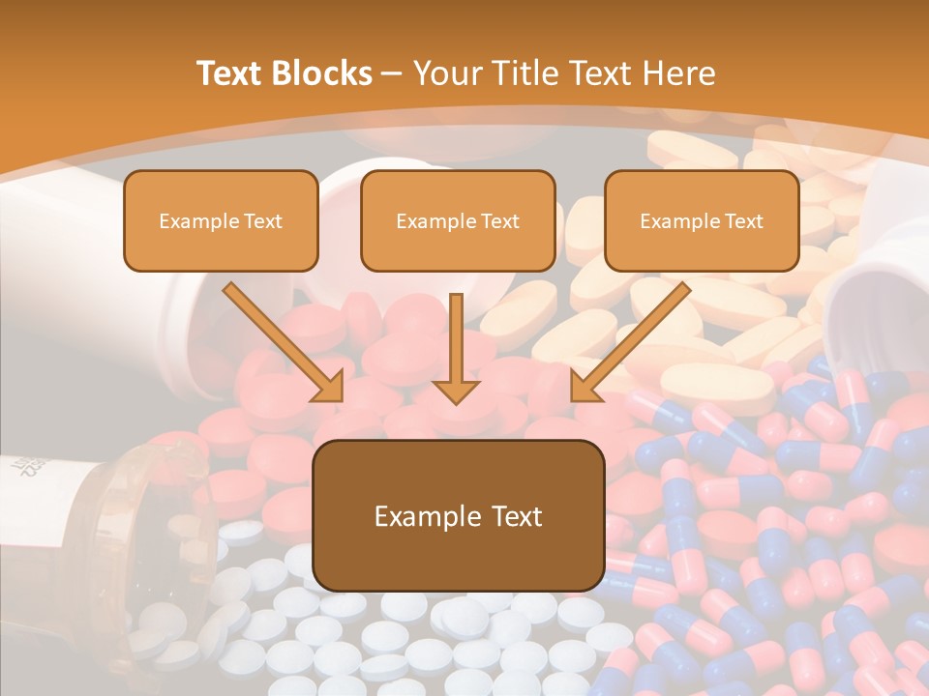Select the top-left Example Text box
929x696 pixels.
pyautogui.click(x=221, y=220)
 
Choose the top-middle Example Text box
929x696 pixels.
pyautogui.click(x=458, y=220)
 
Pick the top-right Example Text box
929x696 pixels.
pyautogui.click(x=702, y=220)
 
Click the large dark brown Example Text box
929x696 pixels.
pyautogui.click(x=459, y=515)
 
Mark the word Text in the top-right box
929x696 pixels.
pyautogui.click(x=743, y=221)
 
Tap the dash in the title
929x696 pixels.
pyautogui.click(x=392, y=73)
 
